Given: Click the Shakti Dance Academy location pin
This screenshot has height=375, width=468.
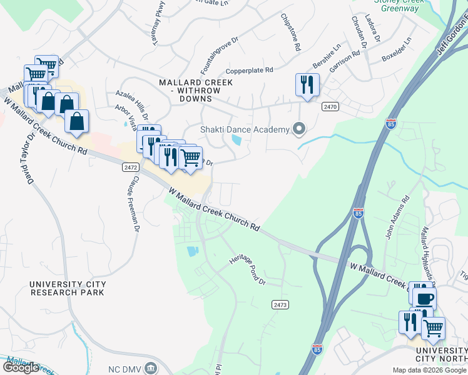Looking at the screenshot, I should tap(299, 129).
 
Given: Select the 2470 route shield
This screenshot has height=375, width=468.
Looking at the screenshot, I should tap(330, 107).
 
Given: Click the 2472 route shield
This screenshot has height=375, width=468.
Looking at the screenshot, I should tap(130, 167).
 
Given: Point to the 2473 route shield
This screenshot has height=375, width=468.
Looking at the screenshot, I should tap(280, 304).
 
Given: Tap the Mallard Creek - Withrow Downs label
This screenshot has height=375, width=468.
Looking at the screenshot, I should tap(196, 86).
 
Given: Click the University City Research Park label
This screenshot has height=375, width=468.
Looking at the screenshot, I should tap(68, 288).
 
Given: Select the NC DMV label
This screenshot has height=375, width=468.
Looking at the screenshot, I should tap(122, 367).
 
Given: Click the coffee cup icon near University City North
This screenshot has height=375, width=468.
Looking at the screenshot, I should tap(424, 298).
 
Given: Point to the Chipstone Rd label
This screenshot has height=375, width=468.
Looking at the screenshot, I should tap(291, 32).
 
